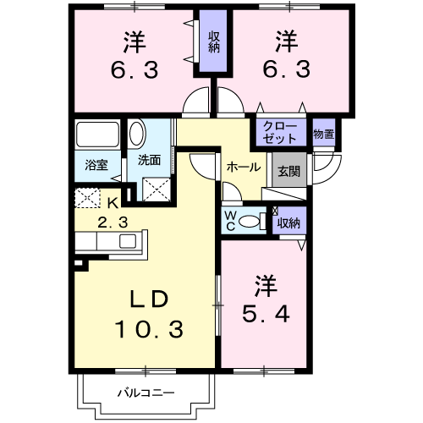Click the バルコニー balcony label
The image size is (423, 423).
tap(145, 393)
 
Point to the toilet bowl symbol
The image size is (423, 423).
tap(250, 222)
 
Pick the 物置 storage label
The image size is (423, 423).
tap(322, 133)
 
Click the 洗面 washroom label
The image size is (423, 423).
tap(149, 158)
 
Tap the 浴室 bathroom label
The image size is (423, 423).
tap(96, 165)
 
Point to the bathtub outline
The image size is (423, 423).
tap(98, 135)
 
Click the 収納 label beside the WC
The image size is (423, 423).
tap(288, 223)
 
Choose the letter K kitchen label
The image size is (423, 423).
tap(113, 202)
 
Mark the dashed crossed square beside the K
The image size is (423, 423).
tap(87, 199)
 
